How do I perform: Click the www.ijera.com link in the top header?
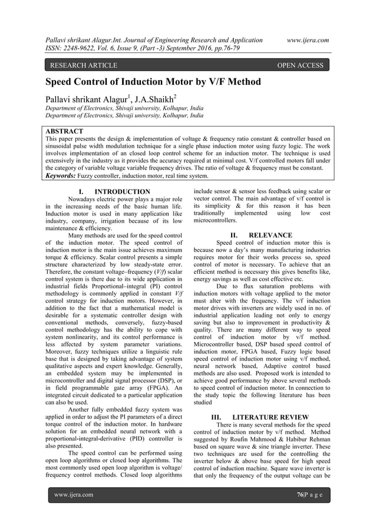[x=307, y=40]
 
